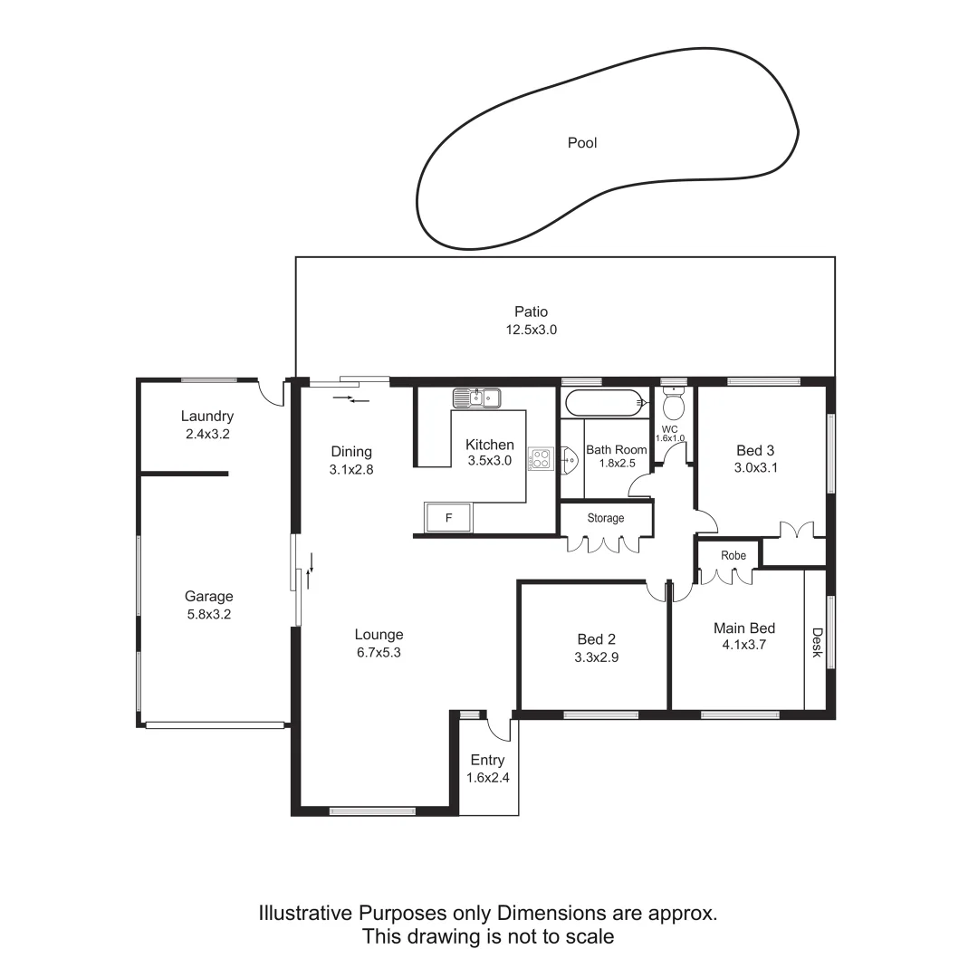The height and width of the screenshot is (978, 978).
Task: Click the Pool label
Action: pyautogui.click(x=582, y=142)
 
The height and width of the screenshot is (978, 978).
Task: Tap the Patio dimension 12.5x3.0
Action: pyautogui.click(x=531, y=331)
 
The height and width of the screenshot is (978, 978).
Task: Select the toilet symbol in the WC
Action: pyautogui.click(x=673, y=403)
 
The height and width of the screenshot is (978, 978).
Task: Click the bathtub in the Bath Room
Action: pyautogui.click(x=603, y=402)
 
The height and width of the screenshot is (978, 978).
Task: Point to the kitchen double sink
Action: pyautogui.click(x=476, y=397)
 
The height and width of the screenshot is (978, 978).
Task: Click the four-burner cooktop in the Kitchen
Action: pyautogui.click(x=540, y=459)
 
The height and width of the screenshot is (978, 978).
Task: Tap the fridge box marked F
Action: pyautogui.click(x=448, y=518)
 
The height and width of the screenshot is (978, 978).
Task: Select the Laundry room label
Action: pyautogui.click(x=207, y=417)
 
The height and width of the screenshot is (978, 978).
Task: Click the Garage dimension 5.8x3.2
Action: pyautogui.click(x=209, y=614)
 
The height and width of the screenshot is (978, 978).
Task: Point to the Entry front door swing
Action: pyautogui.click(x=499, y=726)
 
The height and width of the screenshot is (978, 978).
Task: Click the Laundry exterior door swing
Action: pyautogui.click(x=270, y=392)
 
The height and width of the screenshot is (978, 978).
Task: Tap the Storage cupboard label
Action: pyautogui.click(x=606, y=518)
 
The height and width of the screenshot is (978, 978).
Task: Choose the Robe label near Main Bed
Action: pyautogui.click(x=733, y=555)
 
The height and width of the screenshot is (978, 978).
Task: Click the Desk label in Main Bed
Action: pyautogui.click(x=817, y=643)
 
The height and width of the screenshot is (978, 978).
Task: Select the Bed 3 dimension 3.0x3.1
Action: pyautogui.click(x=755, y=468)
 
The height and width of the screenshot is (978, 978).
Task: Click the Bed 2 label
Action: pyautogui.click(x=596, y=639)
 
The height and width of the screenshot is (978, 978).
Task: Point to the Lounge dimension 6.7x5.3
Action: pyautogui.click(x=379, y=652)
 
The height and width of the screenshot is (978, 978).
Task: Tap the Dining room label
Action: pyautogui.click(x=351, y=452)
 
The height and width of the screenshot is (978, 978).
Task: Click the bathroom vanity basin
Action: pyautogui.click(x=569, y=462)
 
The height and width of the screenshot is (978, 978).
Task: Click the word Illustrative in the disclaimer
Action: pyautogui.click(x=305, y=913)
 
